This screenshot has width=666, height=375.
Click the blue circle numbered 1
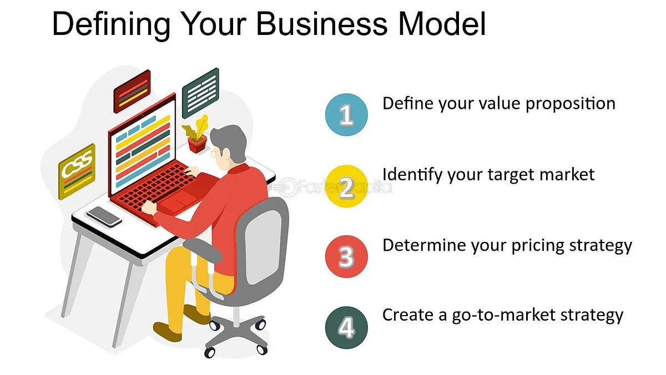pos(346,115)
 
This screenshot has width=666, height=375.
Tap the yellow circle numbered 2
pos(346,186)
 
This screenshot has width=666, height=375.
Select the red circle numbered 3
pos(346,257)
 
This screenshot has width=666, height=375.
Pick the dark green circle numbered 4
pos(346,328)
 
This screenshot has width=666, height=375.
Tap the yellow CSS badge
pos(77,171)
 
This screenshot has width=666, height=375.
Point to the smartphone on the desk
pos(104,216)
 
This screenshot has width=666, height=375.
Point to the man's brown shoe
pos(168,331)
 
